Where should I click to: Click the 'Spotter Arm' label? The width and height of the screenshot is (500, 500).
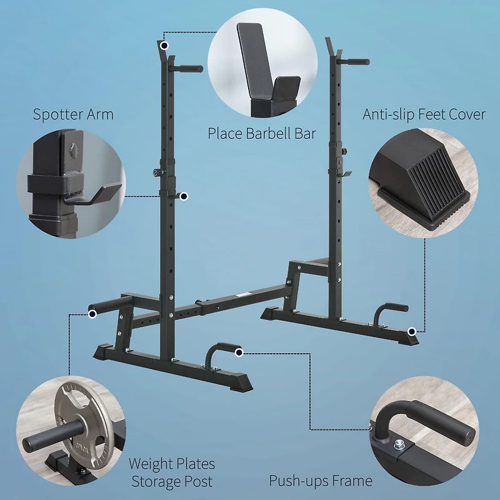(x=73, y=114)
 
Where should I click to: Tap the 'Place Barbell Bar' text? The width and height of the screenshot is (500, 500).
(x=262, y=133)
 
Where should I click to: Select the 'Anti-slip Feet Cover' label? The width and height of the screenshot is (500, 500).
(x=424, y=114)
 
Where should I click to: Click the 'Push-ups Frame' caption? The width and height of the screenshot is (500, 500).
(x=321, y=481)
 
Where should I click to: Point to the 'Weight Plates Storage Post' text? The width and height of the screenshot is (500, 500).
(x=171, y=472)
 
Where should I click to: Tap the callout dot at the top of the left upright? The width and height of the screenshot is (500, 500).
(x=164, y=46)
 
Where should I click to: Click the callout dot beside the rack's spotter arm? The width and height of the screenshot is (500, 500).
(x=184, y=196)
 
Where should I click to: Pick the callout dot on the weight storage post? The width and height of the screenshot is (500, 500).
(x=92, y=316)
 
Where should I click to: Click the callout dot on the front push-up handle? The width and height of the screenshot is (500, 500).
(x=239, y=353)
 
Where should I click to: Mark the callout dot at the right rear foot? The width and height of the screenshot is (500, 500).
(x=411, y=331)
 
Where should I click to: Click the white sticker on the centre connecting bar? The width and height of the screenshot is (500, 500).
(x=241, y=293)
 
